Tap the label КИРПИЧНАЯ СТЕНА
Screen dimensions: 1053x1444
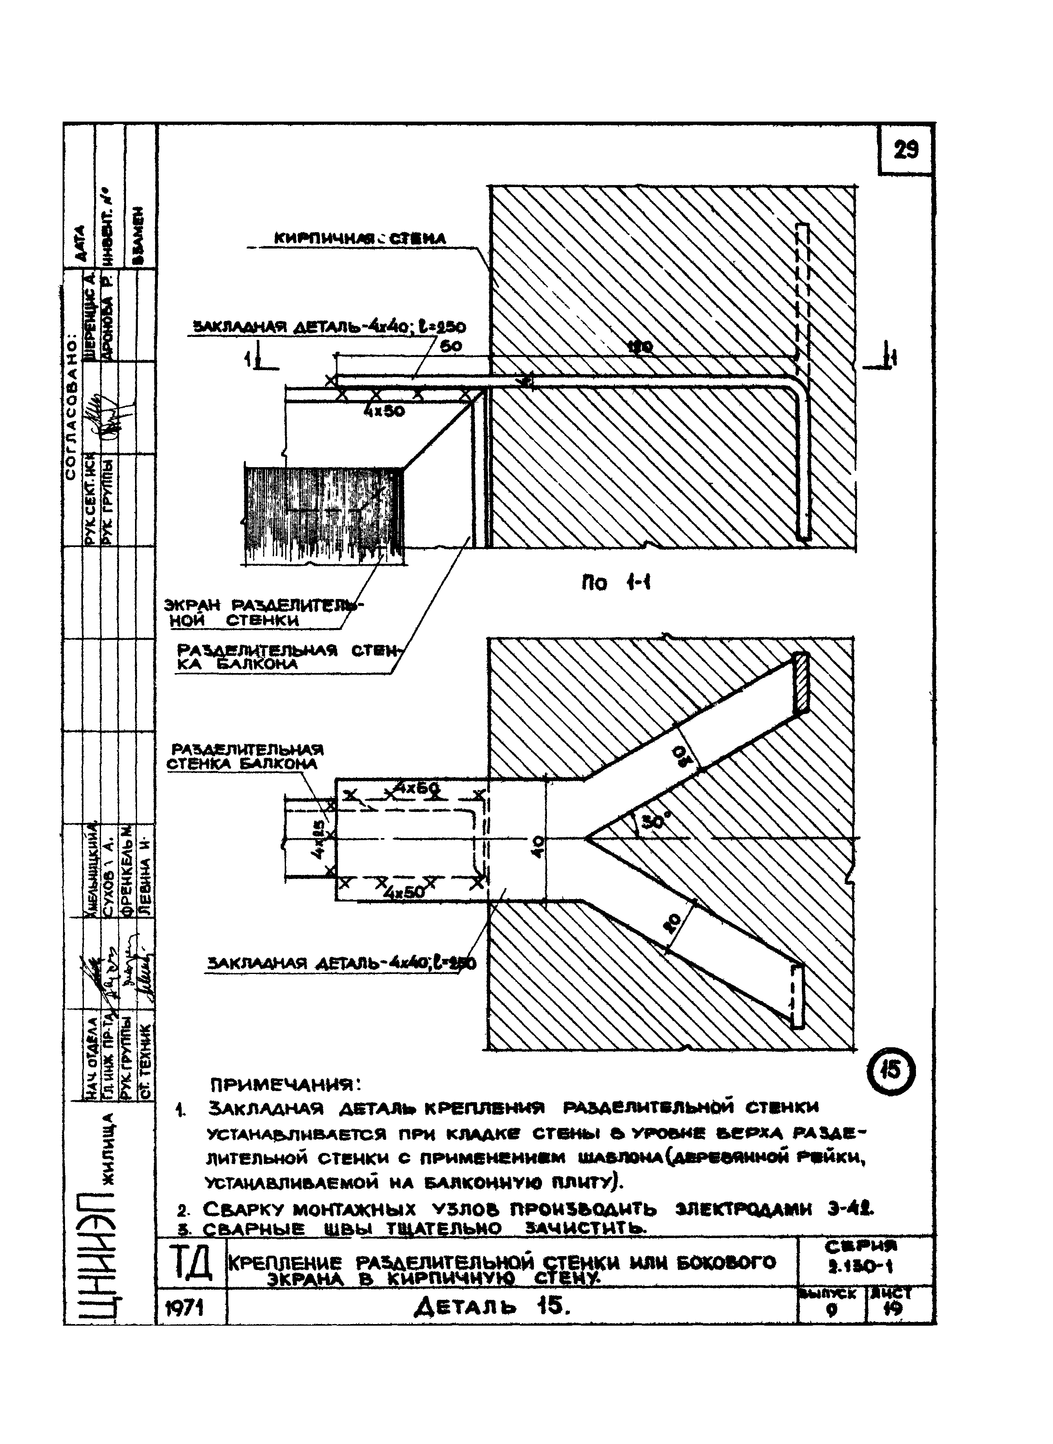coord(360,239)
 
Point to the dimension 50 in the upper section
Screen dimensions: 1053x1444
coord(454,345)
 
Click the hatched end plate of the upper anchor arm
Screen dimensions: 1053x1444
coord(801,682)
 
